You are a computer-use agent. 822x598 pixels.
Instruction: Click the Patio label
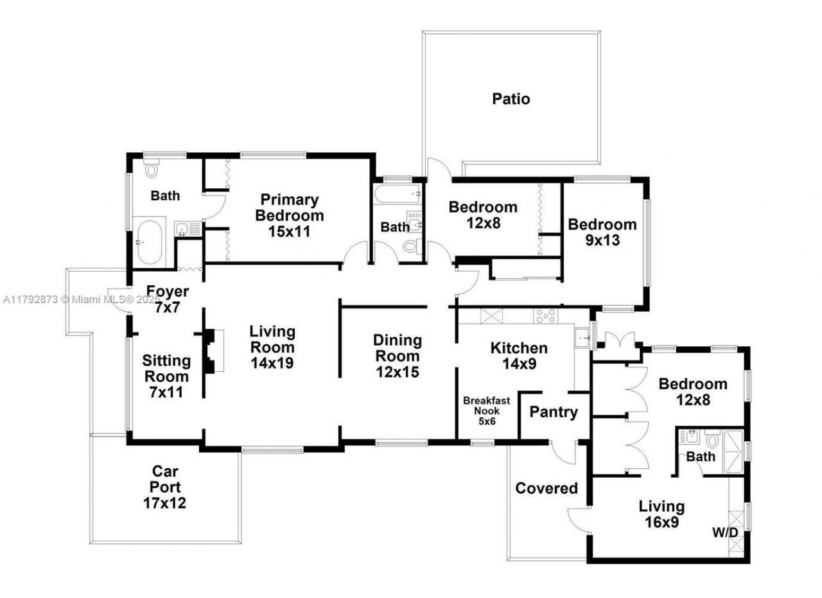tap(511, 99)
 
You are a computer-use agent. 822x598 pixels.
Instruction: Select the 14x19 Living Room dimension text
tap(272, 362)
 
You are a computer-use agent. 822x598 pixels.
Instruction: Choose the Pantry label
tap(554, 412)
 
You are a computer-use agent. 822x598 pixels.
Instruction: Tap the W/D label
tap(724, 532)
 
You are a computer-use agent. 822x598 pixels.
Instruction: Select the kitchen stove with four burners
tap(546, 315)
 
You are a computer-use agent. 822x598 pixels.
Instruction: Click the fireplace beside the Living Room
tap(212, 351)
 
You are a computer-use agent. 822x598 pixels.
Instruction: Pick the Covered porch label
tap(547, 488)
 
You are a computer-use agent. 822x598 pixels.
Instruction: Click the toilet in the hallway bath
tap(410, 245)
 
